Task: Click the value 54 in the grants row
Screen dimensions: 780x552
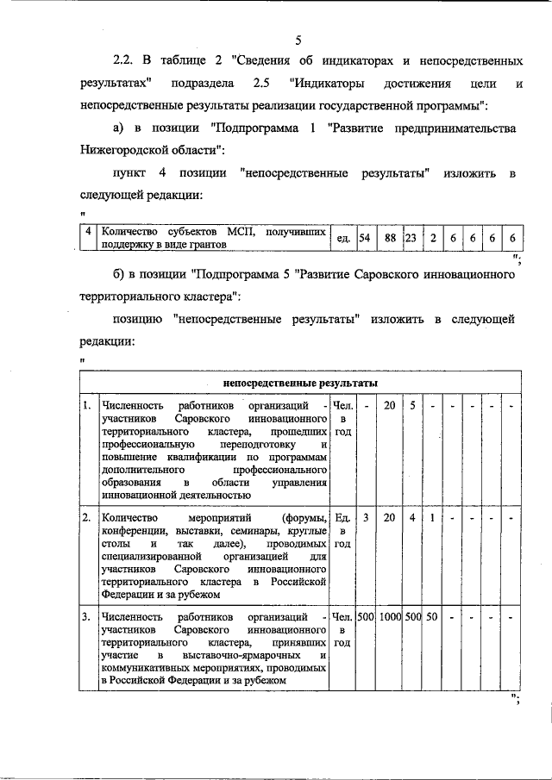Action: pyautogui.click(x=365, y=237)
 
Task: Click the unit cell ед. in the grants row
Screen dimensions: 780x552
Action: pyautogui.click(x=342, y=238)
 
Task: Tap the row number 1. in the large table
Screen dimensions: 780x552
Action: pyautogui.click(x=87, y=405)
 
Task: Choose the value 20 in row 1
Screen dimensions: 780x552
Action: pyautogui.click(x=389, y=405)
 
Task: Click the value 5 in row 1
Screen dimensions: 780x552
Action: pyautogui.click(x=412, y=405)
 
